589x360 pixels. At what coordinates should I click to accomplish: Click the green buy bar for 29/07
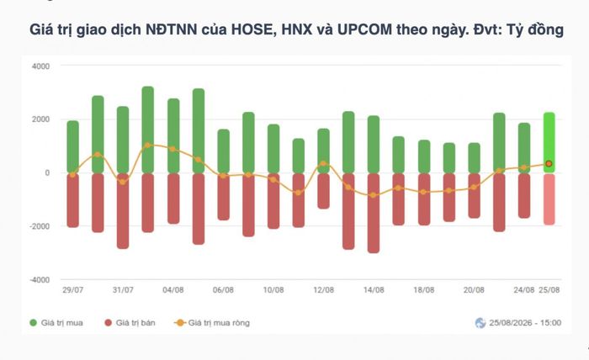[73, 147]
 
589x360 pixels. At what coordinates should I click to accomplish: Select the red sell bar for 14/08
[374, 213]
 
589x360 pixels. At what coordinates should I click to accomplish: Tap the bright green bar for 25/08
[549, 143]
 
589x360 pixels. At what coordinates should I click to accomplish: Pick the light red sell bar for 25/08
[549, 199]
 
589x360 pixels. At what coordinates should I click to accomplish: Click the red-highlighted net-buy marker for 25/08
[549, 164]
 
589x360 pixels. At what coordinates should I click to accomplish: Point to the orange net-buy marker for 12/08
[323, 164]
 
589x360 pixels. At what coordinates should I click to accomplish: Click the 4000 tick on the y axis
[40, 66]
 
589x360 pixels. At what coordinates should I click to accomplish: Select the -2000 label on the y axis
[40, 226]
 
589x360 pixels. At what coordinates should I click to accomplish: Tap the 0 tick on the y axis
[47, 173]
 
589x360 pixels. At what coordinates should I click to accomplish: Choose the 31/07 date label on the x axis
[123, 290]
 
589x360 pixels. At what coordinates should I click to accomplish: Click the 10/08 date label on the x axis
[273, 290]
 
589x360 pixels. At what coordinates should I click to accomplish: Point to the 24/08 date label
[523, 290]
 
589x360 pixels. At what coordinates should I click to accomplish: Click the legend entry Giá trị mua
[56, 323]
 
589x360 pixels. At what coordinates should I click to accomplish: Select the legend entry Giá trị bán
[130, 323]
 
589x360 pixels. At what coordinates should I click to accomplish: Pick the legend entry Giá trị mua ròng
[212, 323]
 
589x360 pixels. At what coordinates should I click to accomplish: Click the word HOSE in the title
[254, 29]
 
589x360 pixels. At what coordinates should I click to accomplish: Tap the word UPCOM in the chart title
[364, 29]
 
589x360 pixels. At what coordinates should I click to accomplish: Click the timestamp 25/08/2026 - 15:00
[525, 323]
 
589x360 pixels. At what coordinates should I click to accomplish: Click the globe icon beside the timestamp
[480, 323]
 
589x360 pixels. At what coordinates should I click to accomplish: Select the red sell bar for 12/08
[323, 191]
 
